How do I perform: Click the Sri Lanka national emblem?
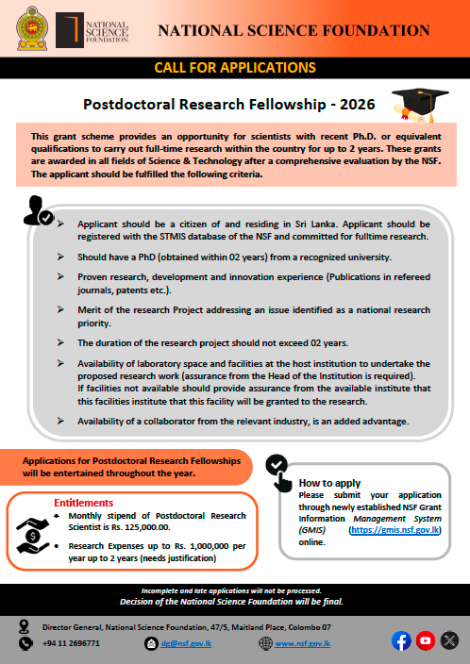30,31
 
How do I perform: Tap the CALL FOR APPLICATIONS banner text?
234,69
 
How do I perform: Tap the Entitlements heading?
83,503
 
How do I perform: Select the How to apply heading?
329,482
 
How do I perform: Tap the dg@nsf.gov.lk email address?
179,642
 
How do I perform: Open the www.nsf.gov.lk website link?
302,642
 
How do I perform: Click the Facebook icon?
400,640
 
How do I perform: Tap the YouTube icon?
425,640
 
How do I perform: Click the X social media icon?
449,640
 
